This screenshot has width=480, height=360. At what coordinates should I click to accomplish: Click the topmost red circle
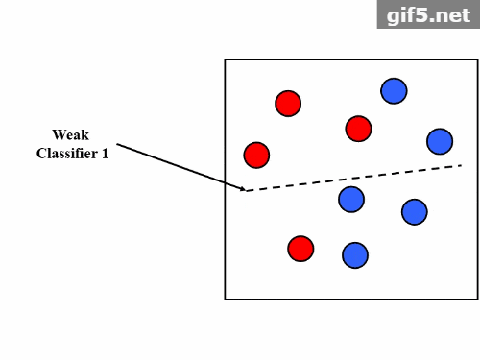click(288, 103)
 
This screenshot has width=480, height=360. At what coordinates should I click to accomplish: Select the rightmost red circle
click(358, 128)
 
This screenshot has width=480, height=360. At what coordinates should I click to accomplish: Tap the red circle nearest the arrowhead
click(256, 154)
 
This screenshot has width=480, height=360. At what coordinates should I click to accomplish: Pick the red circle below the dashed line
click(300, 248)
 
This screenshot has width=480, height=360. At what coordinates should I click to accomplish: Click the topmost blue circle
click(394, 90)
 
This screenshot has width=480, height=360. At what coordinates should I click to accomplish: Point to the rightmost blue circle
click(440, 141)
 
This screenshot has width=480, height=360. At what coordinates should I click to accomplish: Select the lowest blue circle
click(355, 254)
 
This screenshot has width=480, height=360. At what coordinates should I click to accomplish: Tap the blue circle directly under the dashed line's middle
click(351, 199)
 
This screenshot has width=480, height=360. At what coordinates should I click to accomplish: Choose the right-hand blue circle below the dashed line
click(414, 211)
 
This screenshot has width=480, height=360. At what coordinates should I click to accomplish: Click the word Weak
click(72, 134)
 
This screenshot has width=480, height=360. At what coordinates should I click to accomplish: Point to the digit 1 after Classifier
click(105, 153)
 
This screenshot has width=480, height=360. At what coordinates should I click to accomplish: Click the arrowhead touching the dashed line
click(243, 189)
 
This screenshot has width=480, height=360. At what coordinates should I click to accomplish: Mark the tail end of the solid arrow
click(117, 145)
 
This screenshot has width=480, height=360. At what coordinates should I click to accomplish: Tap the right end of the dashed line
click(461, 166)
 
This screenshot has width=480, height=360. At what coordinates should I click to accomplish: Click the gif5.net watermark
click(428, 14)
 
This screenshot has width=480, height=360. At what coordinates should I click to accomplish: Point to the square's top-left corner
click(226, 60)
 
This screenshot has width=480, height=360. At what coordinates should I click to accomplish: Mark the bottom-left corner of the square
click(226, 299)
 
